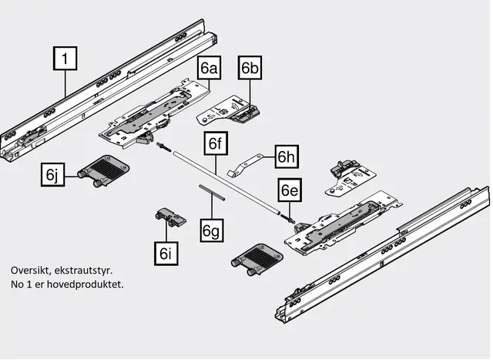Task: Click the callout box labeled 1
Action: (x=66, y=58)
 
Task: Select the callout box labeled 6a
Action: (x=210, y=69)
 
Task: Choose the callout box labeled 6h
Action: (x=287, y=156)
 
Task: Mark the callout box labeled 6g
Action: (x=212, y=229)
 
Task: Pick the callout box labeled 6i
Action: (x=165, y=252)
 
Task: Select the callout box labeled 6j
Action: (x=52, y=175)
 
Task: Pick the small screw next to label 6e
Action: (x=290, y=219)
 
